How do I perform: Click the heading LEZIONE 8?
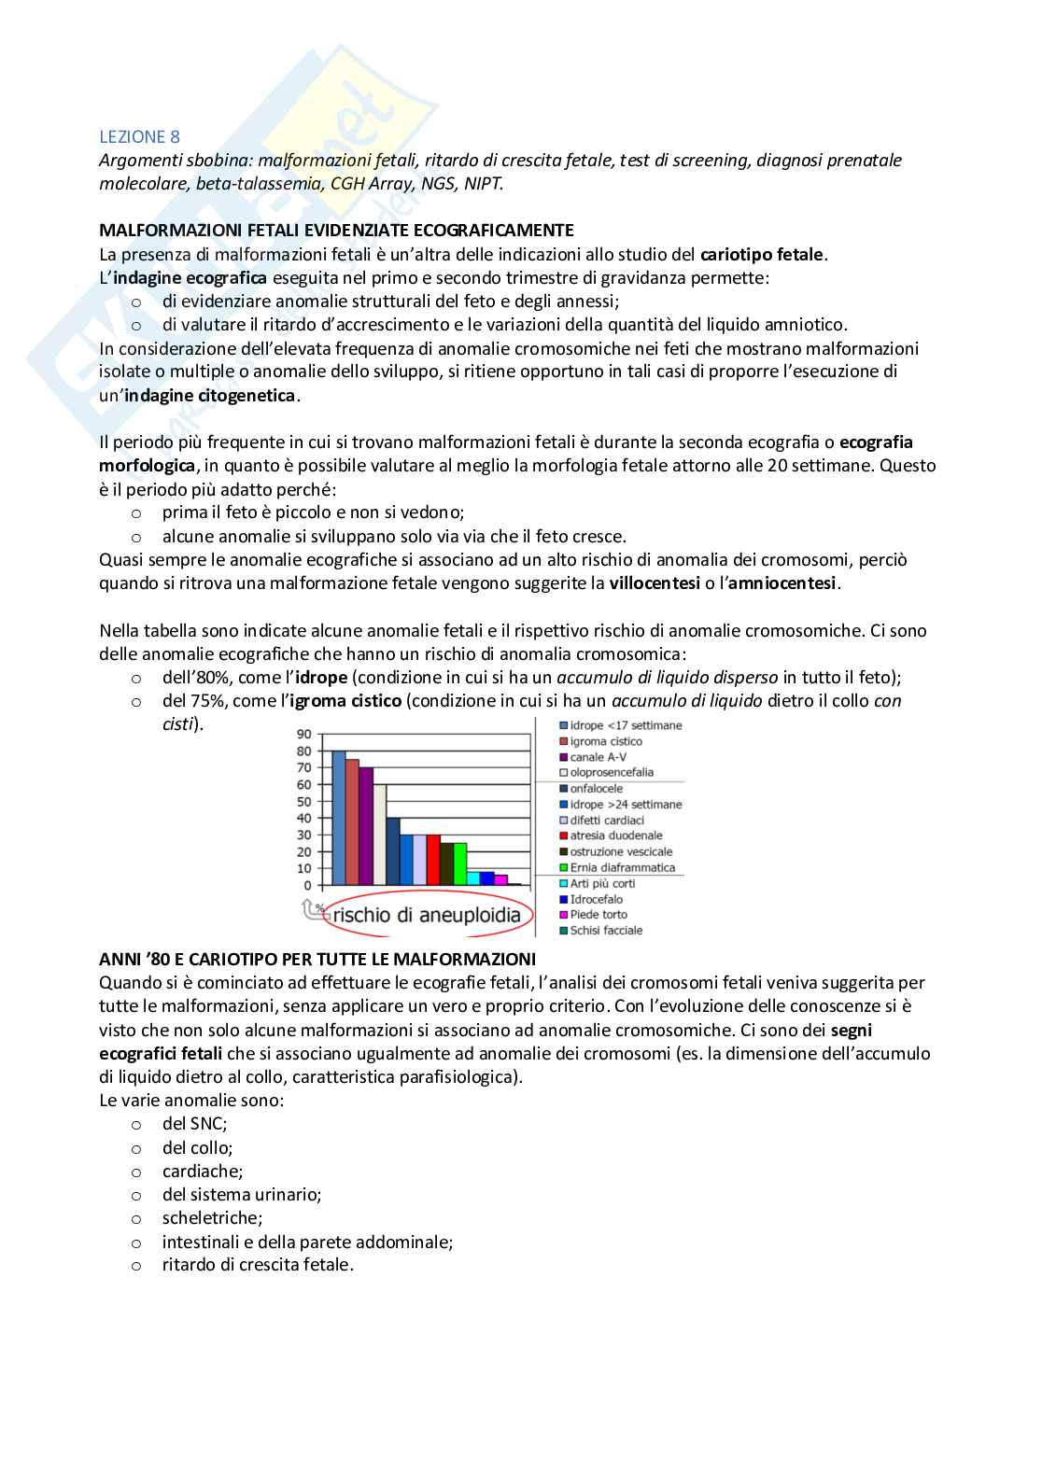tap(139, 136)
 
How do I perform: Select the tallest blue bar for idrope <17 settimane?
tap(339, 817)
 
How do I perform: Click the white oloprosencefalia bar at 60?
tap(379, 835)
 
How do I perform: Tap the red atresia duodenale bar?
tap(433, 860)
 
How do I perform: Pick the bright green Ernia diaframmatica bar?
tap(460, 863)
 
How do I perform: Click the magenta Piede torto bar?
tap(500, 879)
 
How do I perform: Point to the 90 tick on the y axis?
tap(304, 734)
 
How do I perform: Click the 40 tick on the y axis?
tap(304, 818)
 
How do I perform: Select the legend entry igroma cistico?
tap(606, 741)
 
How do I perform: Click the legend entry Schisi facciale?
tap(606, 930)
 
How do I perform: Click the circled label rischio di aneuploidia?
tap(427, 915)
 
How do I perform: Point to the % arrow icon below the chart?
tap(311, 907)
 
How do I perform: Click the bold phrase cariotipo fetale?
tap(762, 254)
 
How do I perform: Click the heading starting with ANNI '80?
tap(317, 959)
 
